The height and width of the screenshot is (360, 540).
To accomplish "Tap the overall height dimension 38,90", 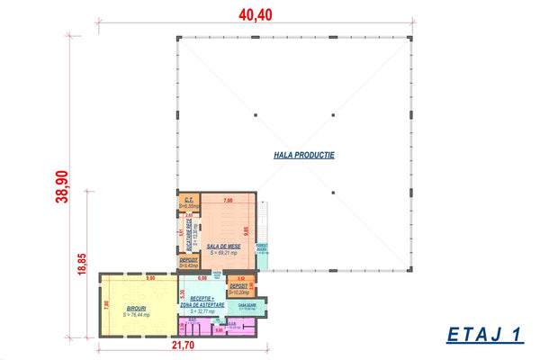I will [62, 187].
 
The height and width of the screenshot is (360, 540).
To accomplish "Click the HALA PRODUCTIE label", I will [304, 155].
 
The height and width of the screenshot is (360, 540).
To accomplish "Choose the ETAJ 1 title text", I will [484, 335].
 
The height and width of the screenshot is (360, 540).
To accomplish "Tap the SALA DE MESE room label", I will [221, 246].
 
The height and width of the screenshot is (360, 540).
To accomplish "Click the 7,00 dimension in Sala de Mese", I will [228, 198].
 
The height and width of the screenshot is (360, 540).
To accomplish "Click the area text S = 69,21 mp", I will [221, 253].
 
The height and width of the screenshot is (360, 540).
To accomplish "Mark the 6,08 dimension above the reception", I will [202, 278].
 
